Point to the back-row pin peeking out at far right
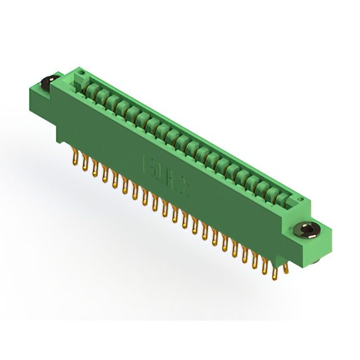[x=287, y=269]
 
